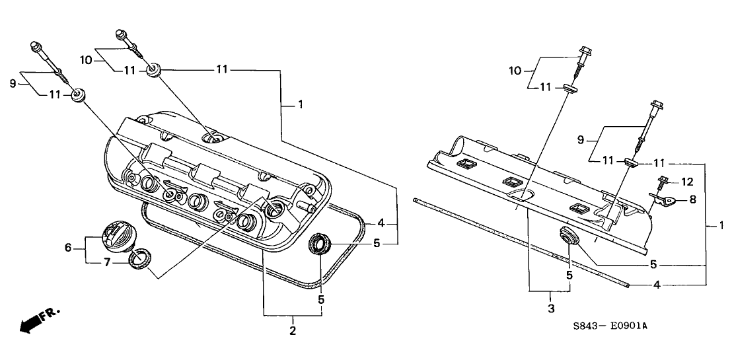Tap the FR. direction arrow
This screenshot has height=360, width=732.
(x=39, y=320)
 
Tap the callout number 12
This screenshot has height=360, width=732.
(x=687, y=181)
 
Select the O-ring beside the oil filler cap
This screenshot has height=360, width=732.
(x=139, y=260)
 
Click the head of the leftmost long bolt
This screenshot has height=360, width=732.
(x=34, y=46)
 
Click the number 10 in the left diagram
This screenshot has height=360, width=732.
(x=85, y=59)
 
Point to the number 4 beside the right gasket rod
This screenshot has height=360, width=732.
(x=657, y=285)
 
